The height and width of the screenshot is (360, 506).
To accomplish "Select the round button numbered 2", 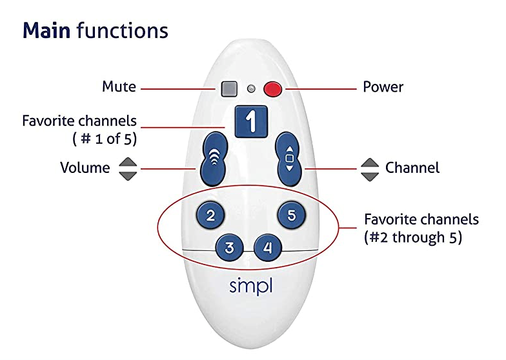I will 210,215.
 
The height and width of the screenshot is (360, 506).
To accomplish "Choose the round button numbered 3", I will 233,247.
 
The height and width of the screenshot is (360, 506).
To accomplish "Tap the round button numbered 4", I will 268,247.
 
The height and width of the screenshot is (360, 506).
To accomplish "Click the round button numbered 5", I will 292,215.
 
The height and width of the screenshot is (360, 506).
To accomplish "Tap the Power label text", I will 383,87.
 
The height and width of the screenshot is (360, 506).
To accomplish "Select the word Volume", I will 85,168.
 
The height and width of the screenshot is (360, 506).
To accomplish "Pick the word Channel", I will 412,168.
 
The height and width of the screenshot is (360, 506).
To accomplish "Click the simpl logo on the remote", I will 252,286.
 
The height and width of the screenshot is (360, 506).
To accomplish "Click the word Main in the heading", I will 46,30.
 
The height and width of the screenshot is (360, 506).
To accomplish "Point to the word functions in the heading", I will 122,30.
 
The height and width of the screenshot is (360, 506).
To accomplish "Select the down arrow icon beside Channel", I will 370,175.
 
